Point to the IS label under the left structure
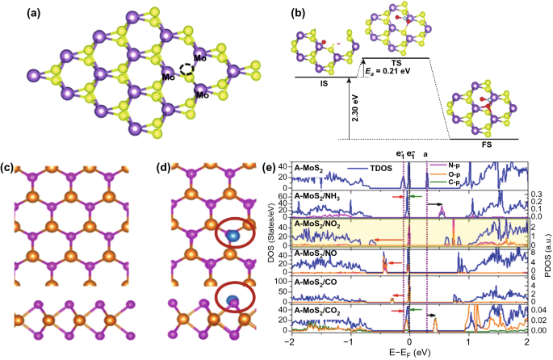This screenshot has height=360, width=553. tap(320, 83)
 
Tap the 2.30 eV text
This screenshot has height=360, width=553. tap(354, 119)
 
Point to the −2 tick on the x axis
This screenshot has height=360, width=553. tap(290, 341)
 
